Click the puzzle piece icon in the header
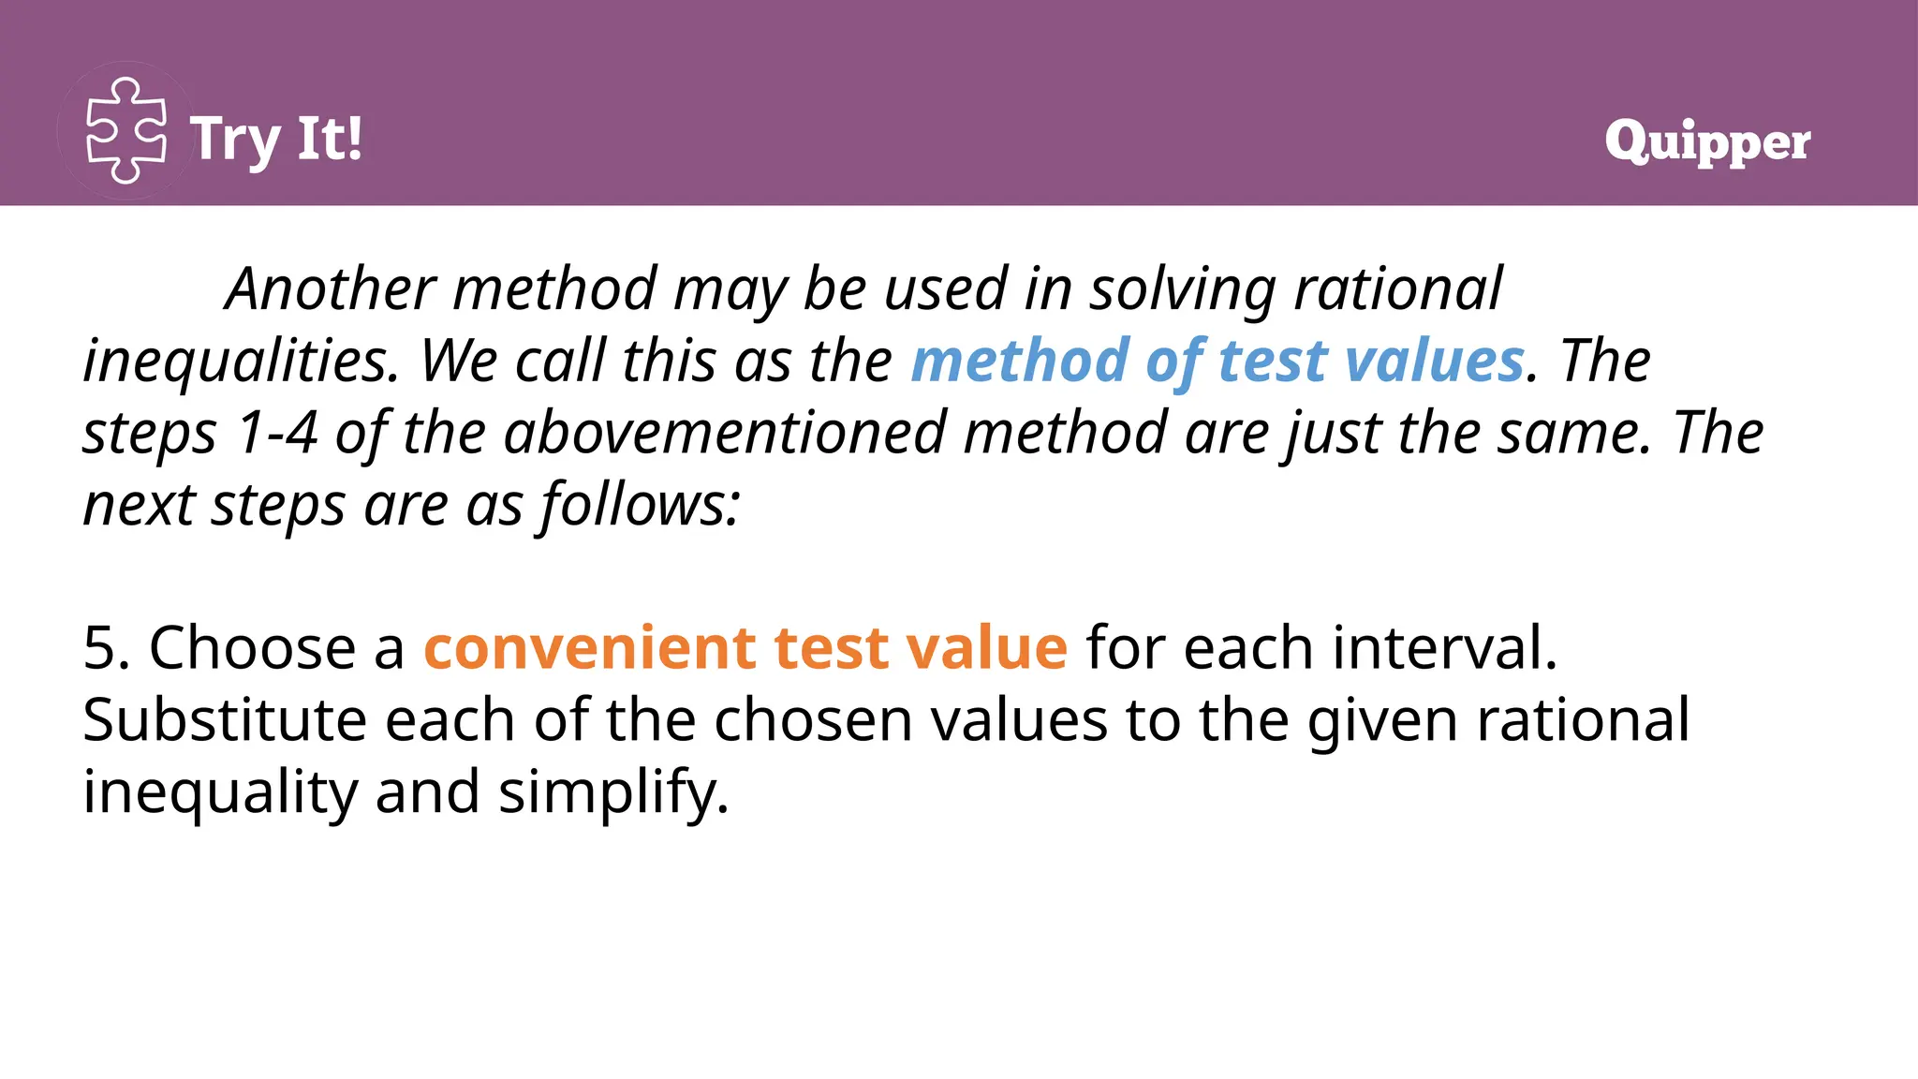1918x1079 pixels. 126,131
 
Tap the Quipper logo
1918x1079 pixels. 1707,141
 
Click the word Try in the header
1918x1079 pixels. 235,140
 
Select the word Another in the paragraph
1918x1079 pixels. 331,288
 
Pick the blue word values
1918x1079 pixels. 1434,361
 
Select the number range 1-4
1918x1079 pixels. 276,433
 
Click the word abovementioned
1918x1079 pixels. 725,433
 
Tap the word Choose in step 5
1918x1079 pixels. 252,648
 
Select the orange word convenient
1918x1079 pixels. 589,648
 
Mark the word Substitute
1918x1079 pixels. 224,720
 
